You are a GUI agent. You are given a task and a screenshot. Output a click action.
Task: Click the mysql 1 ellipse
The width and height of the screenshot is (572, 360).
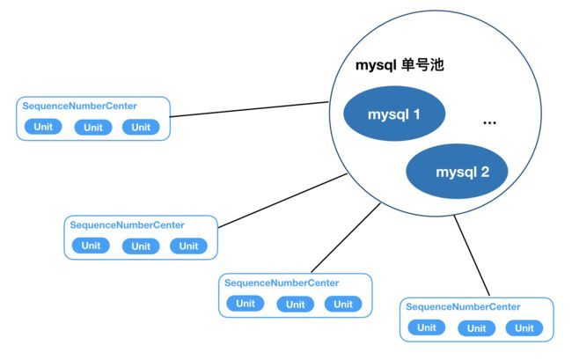pos(394,114)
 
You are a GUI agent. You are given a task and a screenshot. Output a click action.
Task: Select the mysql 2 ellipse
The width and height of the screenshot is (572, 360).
pos(457,171)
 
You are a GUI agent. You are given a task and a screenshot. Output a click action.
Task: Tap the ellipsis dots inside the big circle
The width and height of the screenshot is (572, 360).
pos(489,123)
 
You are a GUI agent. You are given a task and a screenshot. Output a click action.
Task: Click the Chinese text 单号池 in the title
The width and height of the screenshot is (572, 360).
pos(422,65)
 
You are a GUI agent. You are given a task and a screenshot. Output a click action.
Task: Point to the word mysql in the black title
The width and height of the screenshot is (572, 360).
pos(376,66)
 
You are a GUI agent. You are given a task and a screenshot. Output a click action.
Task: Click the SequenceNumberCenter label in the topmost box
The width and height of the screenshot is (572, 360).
pos(79,107)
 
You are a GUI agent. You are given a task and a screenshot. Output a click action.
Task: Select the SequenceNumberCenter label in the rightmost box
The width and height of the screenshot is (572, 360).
pos(463,306)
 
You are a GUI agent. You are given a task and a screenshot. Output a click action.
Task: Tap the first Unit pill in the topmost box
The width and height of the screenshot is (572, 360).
pos(43,127)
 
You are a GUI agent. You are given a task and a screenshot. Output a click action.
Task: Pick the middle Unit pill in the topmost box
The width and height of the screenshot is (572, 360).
pos(93,128)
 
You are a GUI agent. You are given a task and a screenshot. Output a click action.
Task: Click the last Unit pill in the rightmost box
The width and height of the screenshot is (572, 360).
pos(524,328)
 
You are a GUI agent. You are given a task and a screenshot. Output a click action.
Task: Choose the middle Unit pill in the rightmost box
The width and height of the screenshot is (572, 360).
pos(476,328)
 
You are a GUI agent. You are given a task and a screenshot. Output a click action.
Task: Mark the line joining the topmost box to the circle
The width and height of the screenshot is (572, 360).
pos(250,109)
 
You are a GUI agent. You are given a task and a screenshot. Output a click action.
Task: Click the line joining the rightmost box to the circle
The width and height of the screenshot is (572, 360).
pos(472,255)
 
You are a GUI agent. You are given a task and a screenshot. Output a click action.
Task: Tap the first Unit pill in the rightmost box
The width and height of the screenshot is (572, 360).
pos(427,327)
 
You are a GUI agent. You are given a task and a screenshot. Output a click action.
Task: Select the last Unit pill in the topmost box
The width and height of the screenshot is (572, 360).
pos(141,127)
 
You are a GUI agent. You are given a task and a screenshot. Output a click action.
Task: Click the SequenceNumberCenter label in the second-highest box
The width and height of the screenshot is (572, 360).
pos(127,225)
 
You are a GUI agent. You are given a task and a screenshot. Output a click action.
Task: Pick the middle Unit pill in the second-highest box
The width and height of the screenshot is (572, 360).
pos(141,246)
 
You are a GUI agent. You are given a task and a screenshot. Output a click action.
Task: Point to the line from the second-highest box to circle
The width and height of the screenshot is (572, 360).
pos(282,201)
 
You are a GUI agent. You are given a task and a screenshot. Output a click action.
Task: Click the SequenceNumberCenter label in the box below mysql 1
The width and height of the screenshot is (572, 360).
pos(282,283)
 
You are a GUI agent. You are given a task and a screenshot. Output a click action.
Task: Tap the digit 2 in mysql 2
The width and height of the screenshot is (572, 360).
pos(485,172)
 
